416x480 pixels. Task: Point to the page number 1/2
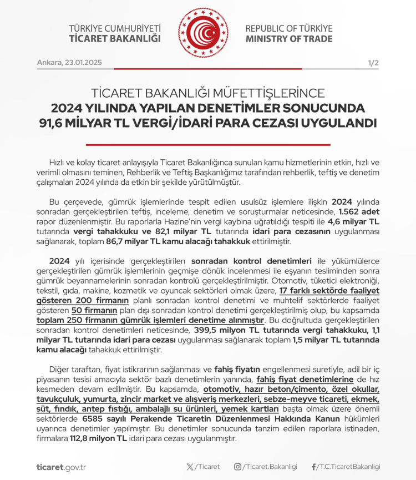pos(373,63)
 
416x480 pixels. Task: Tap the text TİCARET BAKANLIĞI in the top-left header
pos(115,39)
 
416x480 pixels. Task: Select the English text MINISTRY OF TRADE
pos(290,39)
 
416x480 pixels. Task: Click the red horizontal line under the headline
pos(207,144)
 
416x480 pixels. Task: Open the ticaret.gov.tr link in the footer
pos(61,467)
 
